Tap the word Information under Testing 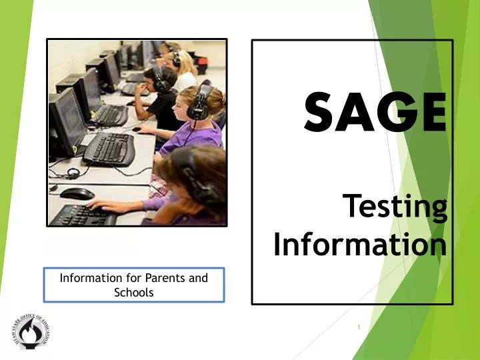(x=359, y=245)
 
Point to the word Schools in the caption (x=134, y=292)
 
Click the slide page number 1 (x=359, y=327)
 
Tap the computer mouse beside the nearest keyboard (x=77, y=193)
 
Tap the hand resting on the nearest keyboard (x=107, y=205)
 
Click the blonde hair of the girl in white (x=185, y=63)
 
